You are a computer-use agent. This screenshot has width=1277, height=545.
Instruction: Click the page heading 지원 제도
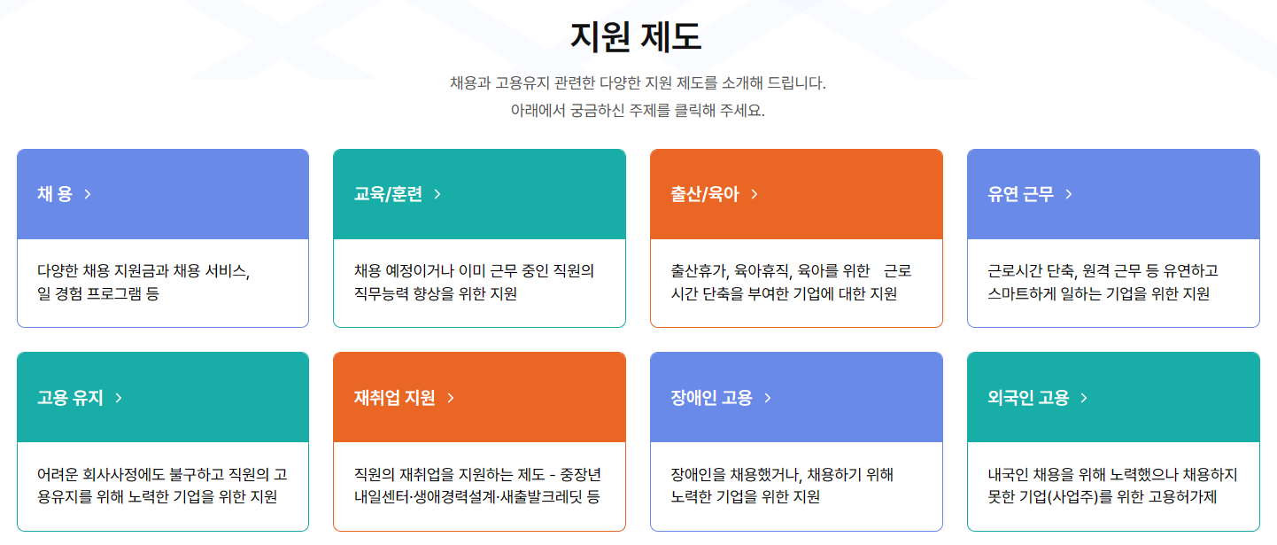pyautogui.click(x=637, y=37)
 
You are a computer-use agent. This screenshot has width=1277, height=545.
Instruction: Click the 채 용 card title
pyautogui.click(x=55, y=194)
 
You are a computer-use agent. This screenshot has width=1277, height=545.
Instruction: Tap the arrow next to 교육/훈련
pyautogui.click(x=437, y=194)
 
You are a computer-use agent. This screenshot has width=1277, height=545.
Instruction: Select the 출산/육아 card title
pyautogui.click(x=704, y=194)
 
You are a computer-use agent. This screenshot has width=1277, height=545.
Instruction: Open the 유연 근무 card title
pyautogui.click(x=1021, y=194)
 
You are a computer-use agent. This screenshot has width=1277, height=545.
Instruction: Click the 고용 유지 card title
pyautogui.click(x=70, y=398)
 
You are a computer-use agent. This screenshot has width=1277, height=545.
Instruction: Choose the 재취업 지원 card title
pyautogui.click(x=394, y=398)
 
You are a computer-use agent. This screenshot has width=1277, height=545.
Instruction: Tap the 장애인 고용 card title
pyautogui.click(x=711, y=398)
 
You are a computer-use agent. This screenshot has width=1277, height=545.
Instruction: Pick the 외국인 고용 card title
pyautogui.click(x=1028, y=398)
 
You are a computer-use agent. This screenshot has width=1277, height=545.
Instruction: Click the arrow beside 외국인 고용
pyautogui.click(x=1084, y=398)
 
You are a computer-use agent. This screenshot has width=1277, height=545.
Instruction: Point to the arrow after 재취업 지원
pyautogui.click(x=451, y=398)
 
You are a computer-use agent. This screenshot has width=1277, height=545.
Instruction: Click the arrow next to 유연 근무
pyautogui.click(x=1069, y=194)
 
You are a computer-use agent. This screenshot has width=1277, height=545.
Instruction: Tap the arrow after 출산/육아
pyautogui.click(x=755, y=194)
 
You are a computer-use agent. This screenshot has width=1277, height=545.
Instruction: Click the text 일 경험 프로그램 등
pyautogui.click(x=98, y=293)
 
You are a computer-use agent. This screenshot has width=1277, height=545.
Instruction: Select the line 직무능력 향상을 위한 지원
pyautogui.click(x=435, y=293)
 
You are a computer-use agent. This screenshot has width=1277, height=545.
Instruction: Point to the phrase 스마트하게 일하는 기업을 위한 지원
pyautogui.click(x=1098, y=293)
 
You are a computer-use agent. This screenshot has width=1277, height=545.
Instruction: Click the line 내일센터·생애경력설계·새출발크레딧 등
pyautogui.click(x=476, y=496)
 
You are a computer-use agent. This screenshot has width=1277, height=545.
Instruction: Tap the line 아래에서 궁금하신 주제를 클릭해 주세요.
pyautogui.click(x=637, y=111)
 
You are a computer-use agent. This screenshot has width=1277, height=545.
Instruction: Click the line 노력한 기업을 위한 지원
pyautogui.click(x=746, y=496)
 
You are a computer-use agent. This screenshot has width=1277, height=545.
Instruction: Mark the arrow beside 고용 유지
pyautogui.click(x=119, y=398)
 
